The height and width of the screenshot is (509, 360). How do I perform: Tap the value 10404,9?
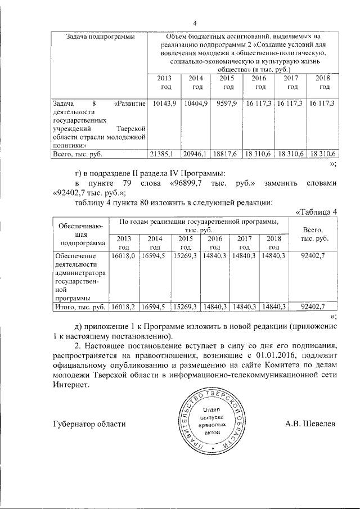coord(196,103)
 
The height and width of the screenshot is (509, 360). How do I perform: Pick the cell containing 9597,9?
coord(228,103)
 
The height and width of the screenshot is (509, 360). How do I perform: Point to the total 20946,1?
coord(196,154)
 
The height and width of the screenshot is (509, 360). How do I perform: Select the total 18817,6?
coord(228,154)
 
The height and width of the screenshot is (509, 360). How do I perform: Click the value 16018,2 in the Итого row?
coord(124,307)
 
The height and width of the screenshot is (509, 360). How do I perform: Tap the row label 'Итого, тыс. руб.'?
coord(78,307)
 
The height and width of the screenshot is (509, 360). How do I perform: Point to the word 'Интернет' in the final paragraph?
coord(70,386)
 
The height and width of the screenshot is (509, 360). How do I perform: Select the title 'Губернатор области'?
coord(89,424)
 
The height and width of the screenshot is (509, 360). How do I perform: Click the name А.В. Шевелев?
coord(309,424)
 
